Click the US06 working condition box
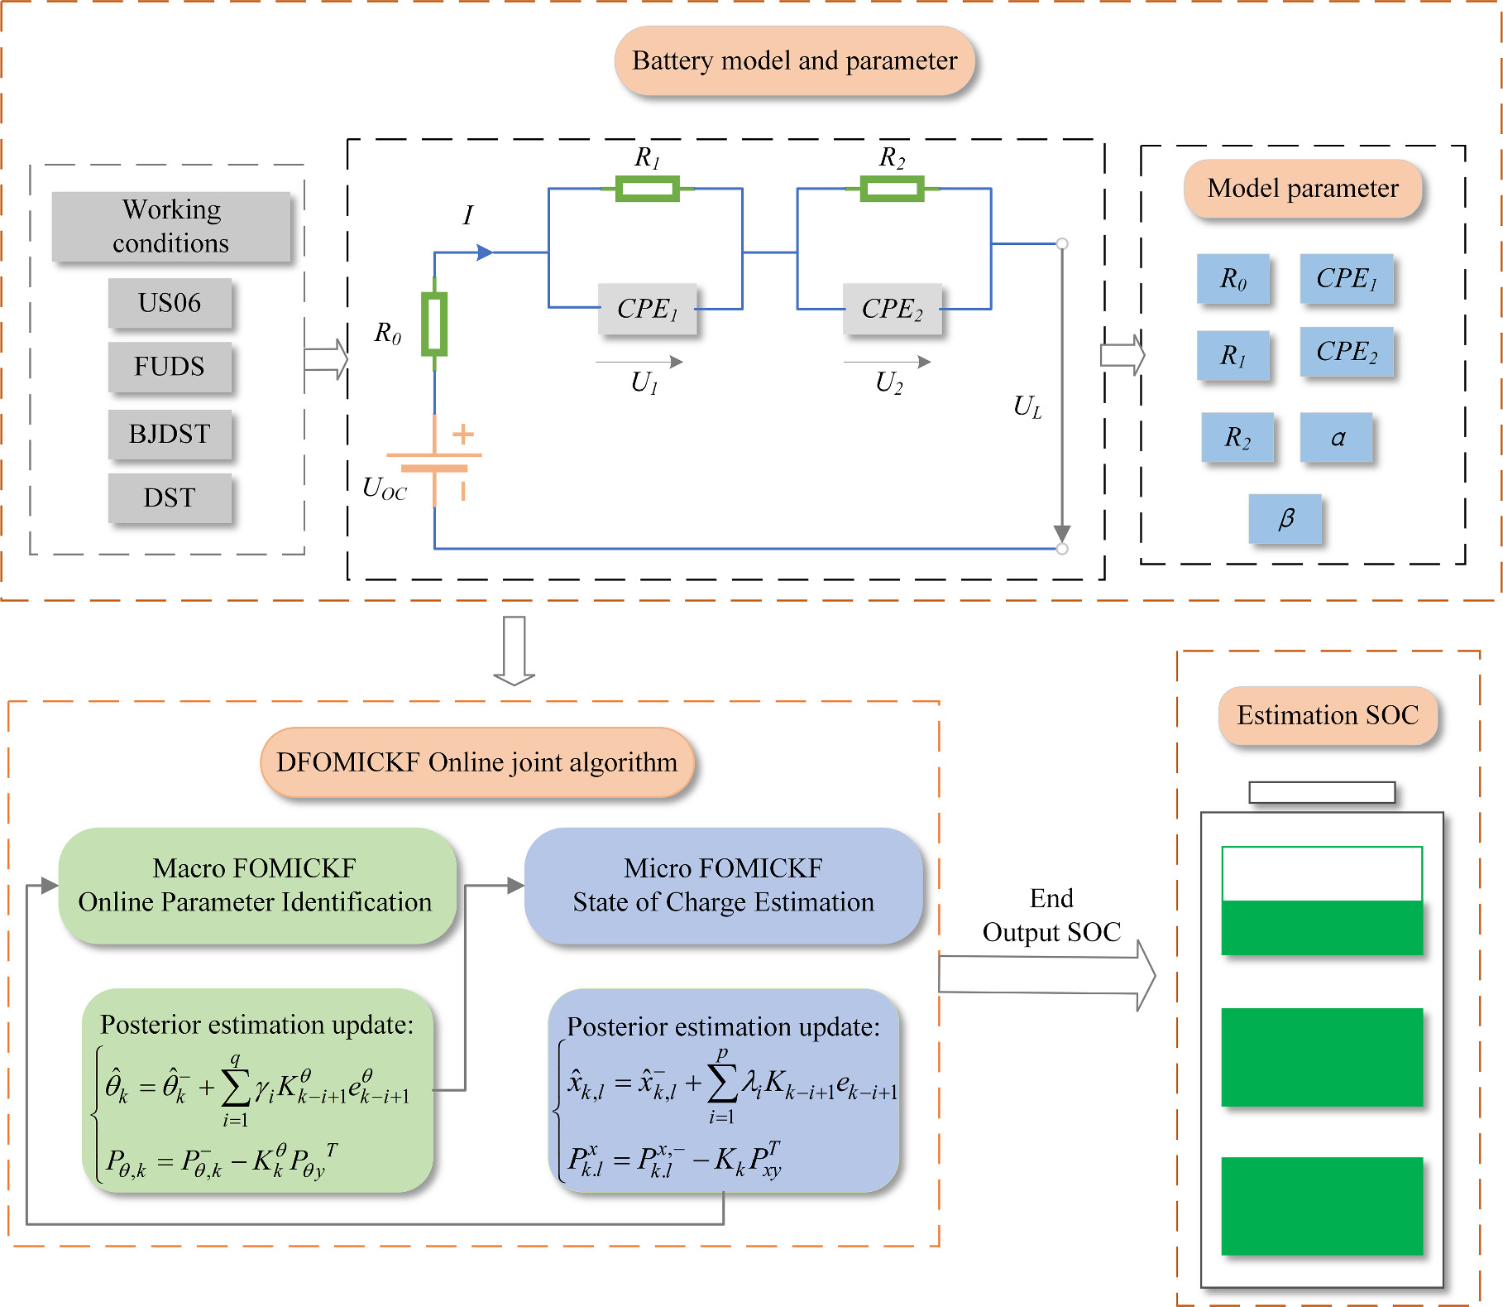pos(170,303)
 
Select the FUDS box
pos(170,367)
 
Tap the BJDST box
pos(170,434)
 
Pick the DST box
pos(170,497)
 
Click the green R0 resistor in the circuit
pos(434,324)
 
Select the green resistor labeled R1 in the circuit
pos(647,189)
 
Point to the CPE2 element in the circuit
pos(892,309)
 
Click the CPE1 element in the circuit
pos(647,309)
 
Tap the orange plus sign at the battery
pos(463,434)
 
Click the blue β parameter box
pos(1285,518)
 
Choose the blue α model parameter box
pos(1336,437)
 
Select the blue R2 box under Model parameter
pos(1237,437)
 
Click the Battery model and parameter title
pos(794,60)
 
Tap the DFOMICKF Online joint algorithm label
pos(476,762)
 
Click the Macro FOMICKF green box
pos(256,885)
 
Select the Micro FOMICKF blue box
pos(723,885)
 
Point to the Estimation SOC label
pos(1328,715)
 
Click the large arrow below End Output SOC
pos(1046,975)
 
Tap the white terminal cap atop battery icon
pos(1321,792)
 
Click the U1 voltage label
pos(644,382)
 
